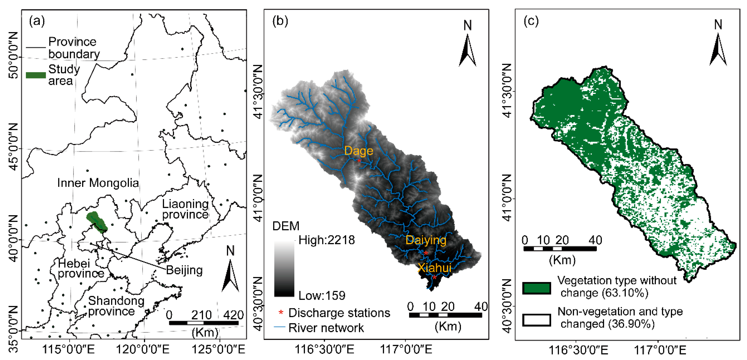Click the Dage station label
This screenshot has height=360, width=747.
[358, 151]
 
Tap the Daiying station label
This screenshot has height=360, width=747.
[426, 240]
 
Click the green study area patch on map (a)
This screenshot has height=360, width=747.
[97, 222]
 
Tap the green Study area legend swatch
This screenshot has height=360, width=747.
[36, 75]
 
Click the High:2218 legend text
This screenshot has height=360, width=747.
[327, 240]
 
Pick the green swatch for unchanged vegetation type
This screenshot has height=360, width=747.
[536, 288]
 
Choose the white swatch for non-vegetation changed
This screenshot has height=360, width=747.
[536, 320]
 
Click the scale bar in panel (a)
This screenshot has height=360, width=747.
[204, 323]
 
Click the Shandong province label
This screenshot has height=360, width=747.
[116, 306]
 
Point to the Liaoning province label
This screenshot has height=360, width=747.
[185, 209]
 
